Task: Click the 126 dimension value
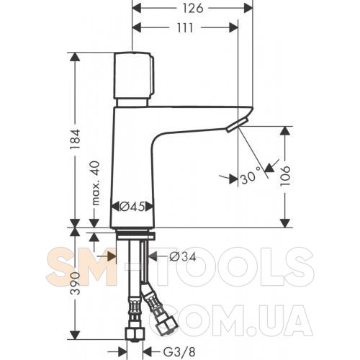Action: pyautogui.click(x=193, y=9)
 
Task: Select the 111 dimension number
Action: pyautogui.click(x=185, y=28)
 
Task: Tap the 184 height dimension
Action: pyautogui.click(x=75, y=139)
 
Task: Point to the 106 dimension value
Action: pyautogui.click(x=285, y=176)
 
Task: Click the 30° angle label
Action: pyautogui.click(x=251, y=176)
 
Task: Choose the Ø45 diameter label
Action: pyautogui.click(x=132, y=207)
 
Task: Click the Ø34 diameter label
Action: pyautogui.click(x=183, y=257)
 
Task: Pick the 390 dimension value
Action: pyautogui.click(x=76, y=283)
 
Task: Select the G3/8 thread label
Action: pyautogui.click(x=179, y=352)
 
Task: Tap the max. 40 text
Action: pyautogui.click(x=96, y=183)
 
